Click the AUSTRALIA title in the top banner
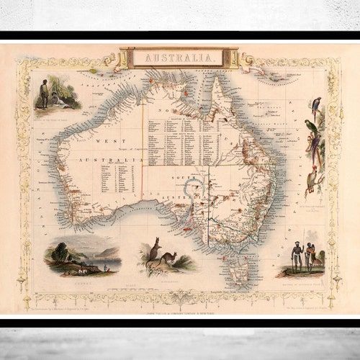pyautogui.click(x=180, y=57)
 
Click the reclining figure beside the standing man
pyautogui.click(x=60, y=103)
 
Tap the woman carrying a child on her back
pyautogui.click(x=310, y=256)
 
